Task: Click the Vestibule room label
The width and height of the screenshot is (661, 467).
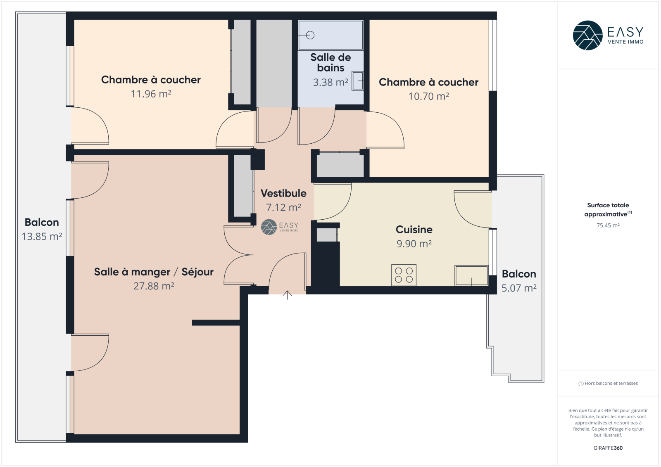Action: (283, 193)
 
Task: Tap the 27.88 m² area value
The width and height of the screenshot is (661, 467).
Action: (154, 286)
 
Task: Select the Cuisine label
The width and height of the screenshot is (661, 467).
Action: (414, 229)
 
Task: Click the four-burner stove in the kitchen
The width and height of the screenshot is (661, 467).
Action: (404, 275)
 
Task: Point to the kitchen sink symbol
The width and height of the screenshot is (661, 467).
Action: (471, 275)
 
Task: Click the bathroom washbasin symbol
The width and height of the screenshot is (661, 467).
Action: (357, 81)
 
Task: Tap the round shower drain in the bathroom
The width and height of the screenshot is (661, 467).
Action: (310, 35)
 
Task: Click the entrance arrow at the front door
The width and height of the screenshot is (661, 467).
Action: (287, 295)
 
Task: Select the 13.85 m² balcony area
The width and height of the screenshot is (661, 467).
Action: (42, 236)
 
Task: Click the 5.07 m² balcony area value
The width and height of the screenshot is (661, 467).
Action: (519, 288)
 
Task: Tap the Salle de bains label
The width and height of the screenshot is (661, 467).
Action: (330, 62)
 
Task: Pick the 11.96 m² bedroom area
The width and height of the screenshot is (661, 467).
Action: (151, 94)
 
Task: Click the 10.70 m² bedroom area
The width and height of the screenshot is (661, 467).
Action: (428, 96)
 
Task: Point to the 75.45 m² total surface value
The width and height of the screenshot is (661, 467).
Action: (608, 225)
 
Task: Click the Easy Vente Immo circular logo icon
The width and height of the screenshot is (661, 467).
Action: (587, 36)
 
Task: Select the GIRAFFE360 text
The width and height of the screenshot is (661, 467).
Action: (608, 448)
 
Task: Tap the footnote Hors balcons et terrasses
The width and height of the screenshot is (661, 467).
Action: (608, 383)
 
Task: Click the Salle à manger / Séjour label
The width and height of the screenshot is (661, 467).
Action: (154, 272)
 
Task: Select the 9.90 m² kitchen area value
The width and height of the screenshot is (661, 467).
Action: (414, 244)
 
